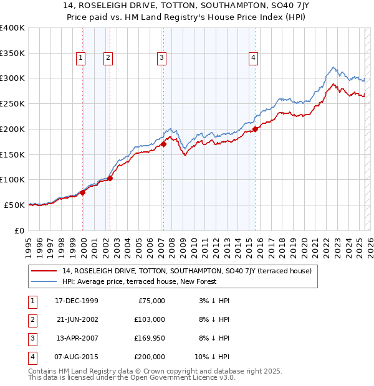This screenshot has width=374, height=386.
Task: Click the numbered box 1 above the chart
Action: [81, 58]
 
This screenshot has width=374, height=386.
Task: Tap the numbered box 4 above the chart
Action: [254, 58]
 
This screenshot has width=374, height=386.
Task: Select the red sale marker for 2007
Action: [163, 144]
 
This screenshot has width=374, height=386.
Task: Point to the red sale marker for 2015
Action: [256, 129]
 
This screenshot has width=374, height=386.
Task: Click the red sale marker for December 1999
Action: [83, 192]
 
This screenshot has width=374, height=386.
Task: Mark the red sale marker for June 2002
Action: [110, 178]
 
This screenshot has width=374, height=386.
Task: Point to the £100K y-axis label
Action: [12, 179]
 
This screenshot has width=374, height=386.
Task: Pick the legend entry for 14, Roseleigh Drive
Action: [182, 271]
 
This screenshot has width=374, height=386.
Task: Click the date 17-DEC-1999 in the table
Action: [77, 301]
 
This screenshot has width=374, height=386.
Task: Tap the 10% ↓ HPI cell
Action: [212, 357]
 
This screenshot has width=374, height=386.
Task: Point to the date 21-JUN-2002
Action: [77, 319]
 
